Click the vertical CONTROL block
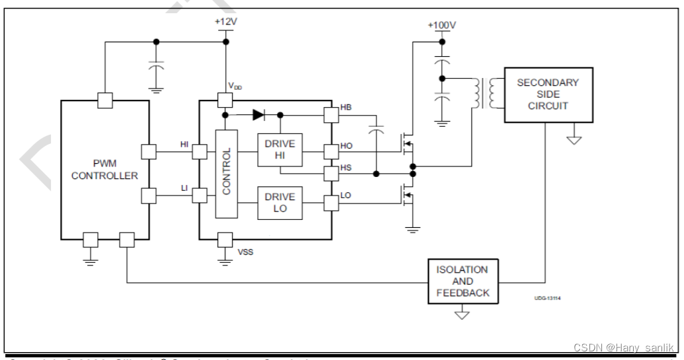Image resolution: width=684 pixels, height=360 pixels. (226, 173)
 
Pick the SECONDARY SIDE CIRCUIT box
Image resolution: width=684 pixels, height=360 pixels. (547, 94)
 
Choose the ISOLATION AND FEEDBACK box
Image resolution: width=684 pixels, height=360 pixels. (463, 281)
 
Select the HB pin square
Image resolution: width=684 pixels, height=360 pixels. (330, 114)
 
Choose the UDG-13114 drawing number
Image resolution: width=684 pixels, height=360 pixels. (547, 299)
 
